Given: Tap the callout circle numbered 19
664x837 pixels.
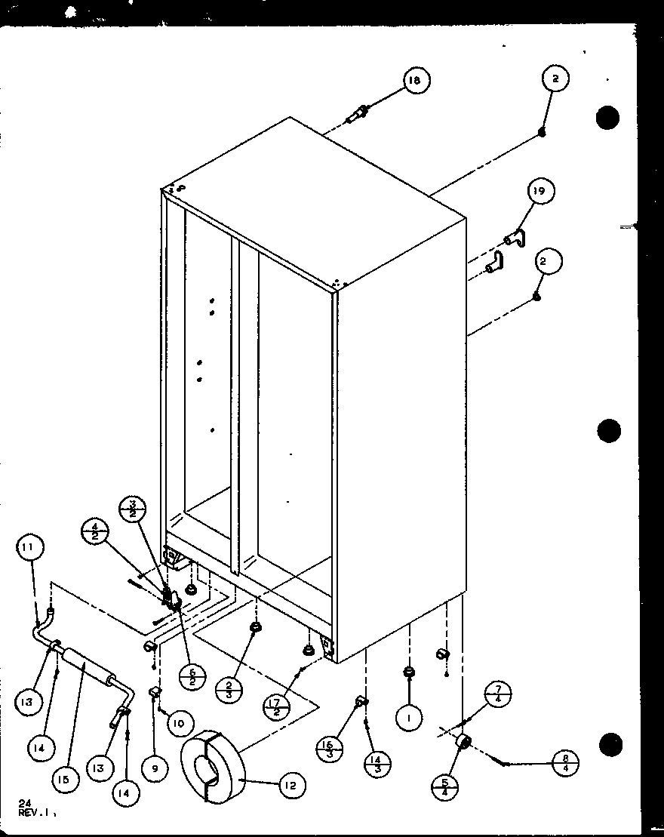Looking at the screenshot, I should pos(541,192).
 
